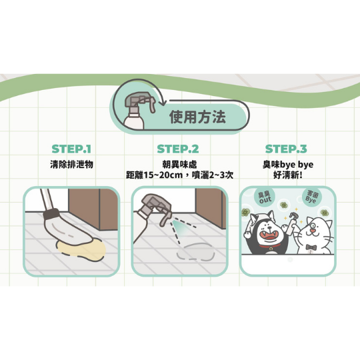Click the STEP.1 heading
coord(71,149)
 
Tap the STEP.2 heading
coord(178,149)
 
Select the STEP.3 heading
coord(286,149)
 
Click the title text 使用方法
coord(197,117)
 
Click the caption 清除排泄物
coord(71,165)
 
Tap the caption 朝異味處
coord(180,165)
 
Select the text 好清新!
coord(288,175)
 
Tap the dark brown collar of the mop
coord(51,213)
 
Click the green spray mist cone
coord(181,228)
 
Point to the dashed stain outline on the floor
coord(195,252)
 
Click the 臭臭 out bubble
coord(265,197)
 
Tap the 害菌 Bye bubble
coord(312,197)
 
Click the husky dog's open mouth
coord(269,237)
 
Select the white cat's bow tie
coord(311,247)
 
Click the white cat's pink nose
coord(312,230)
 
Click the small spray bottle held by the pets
coord(292,223)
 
